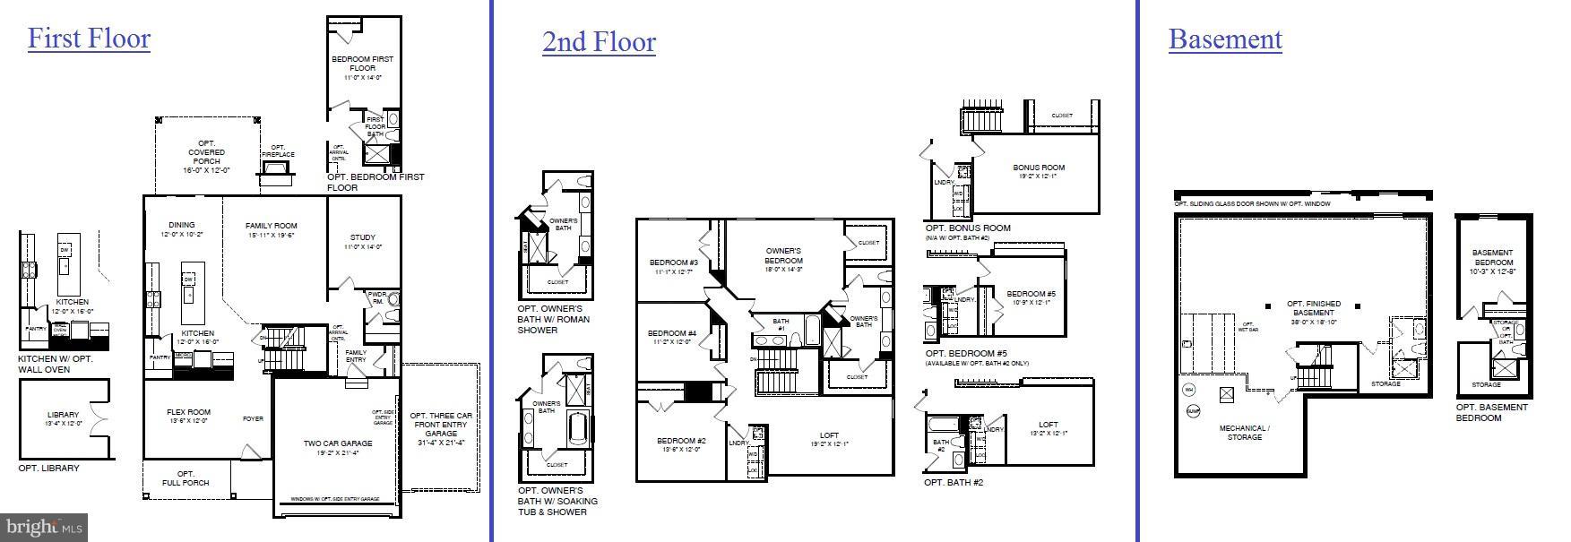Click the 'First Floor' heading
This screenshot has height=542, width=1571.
[x=89, y=39]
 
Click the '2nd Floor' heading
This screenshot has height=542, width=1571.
[x=599, y=42]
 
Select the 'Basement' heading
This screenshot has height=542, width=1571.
[x=1225, y=39]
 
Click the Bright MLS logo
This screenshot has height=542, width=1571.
[x=44, y=528]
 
